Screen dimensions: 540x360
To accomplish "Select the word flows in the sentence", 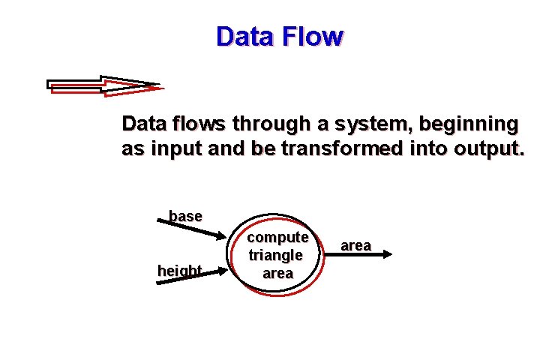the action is pyautogui.click(x=198, y=123).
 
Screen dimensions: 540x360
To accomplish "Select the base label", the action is pyautogui.click(x=185, y=216).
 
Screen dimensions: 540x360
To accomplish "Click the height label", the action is pyautogui.click(x=179, y=270).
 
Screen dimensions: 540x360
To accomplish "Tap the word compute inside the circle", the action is pyautogui.click(x=277, y=238).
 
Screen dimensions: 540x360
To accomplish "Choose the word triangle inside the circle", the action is pyautogui.click(x=277, y=255).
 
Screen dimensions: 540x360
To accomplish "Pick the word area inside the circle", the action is pyautogui.click(x=277, y=273).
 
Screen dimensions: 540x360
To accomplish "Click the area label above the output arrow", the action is pyautogui.click(x=355, y=245).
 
